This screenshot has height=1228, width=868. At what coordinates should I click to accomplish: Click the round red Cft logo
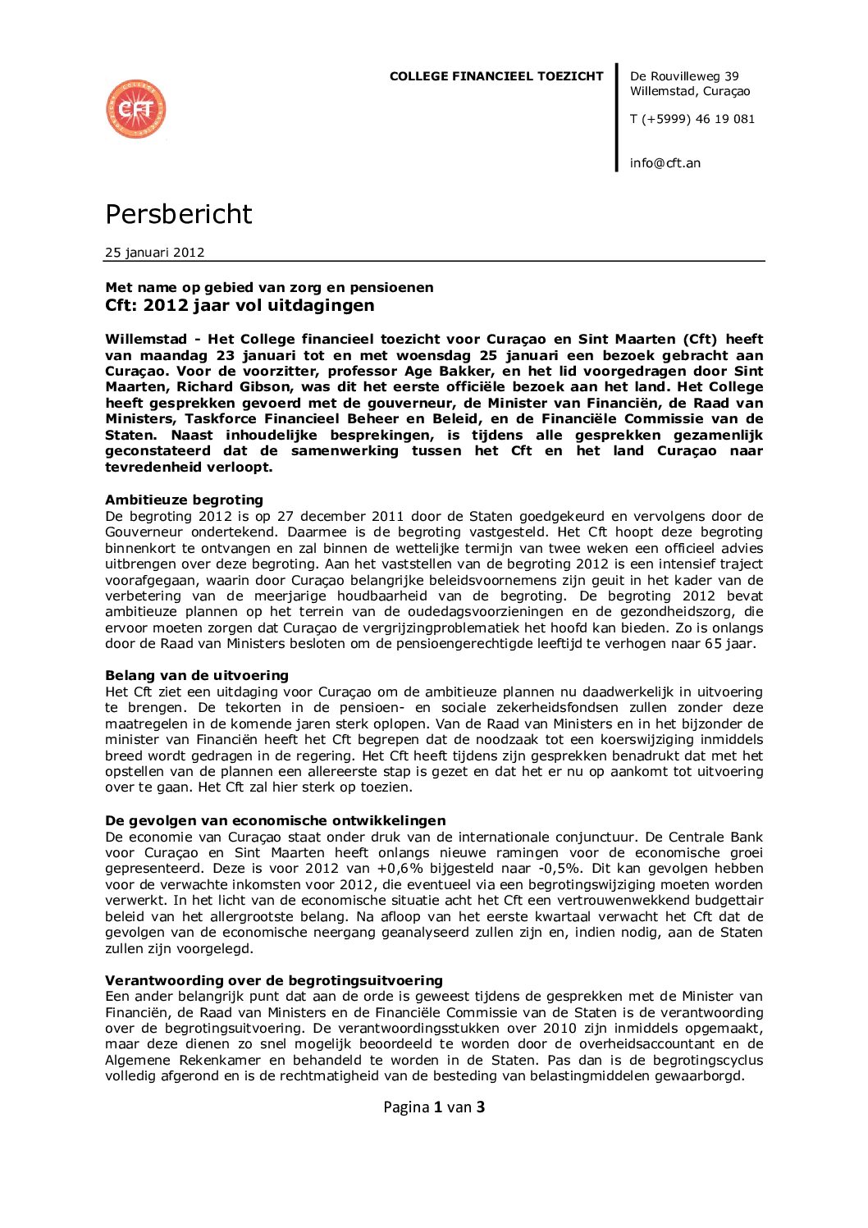pyautogui.click(x=136, y=109)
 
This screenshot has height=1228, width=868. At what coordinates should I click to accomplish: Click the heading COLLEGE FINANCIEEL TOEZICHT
pyautogui.click(x=496, y=76)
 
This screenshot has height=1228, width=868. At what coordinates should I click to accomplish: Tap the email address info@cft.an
pyautogui.click(x=665, y=163)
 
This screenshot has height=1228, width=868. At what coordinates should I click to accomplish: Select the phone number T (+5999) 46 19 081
pyautogui.click(x=692, y=119)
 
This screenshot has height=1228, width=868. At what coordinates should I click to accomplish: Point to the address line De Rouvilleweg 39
pyautogui.click(x=683, y=76)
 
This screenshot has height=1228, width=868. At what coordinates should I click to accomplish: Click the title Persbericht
pyautogui.click(x=178, y=214)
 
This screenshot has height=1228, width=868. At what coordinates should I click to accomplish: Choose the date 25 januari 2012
pyautogui.click(x=154, y=253)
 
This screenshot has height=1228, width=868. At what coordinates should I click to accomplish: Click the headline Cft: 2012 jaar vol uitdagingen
pyautogui.click(x=239, y=306)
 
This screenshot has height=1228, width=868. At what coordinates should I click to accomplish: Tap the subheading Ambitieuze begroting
pyautogui.click(x=184, y=500)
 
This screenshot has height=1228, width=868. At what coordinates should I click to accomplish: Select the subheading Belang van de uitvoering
pyautogui.click(x=196, y=676)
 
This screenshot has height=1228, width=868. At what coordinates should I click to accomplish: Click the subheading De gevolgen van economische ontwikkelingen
pyautogui.click(x=275, y=821)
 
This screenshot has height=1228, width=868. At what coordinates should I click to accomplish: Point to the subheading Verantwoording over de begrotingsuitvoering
pyautogui.click(x=273, y=981)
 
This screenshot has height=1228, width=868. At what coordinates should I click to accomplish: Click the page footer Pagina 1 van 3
pyautogui.click(x=434, y=1107)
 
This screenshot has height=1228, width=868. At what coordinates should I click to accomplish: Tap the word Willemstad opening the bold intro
pyautogui.click(x=144, y=340)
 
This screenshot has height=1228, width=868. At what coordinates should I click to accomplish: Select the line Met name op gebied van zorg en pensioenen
pyautogui.click(x=269, y=288)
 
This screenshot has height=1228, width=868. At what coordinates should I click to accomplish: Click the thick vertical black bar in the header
pyautogui.click(x=617, y=118)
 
